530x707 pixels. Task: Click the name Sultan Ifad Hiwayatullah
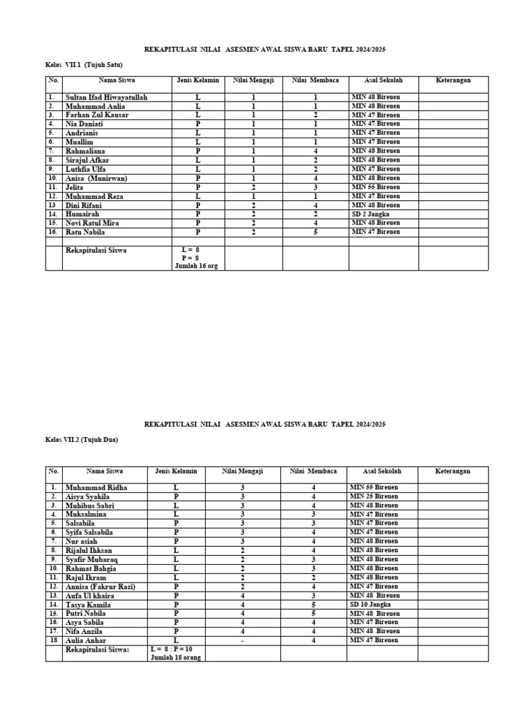pos(106,97)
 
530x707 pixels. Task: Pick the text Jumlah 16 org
pos(197,266)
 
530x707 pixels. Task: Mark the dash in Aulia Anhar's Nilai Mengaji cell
pos(242,640)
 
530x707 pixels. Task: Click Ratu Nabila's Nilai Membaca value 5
pos(315,232)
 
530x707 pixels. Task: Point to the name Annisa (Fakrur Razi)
pos(100,586)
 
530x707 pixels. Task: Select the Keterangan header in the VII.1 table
pos(453,80)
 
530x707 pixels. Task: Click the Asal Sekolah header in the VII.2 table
pos(382,471)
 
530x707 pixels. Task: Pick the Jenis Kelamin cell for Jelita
pos(197,187)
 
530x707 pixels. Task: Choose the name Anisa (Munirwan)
pos(96,178)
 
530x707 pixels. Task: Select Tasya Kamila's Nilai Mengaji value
pos(242,604)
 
